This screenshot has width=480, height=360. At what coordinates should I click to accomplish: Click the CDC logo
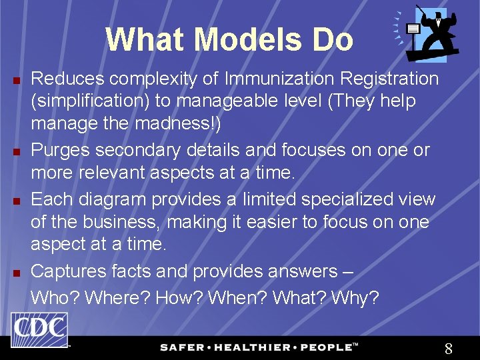click(x=39, y=330)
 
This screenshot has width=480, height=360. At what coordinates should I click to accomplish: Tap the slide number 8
click(x=449, y=348)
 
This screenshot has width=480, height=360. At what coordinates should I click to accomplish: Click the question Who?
click(x=53, y=297)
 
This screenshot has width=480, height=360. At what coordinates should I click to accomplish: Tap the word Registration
click(x=389, y=79)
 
